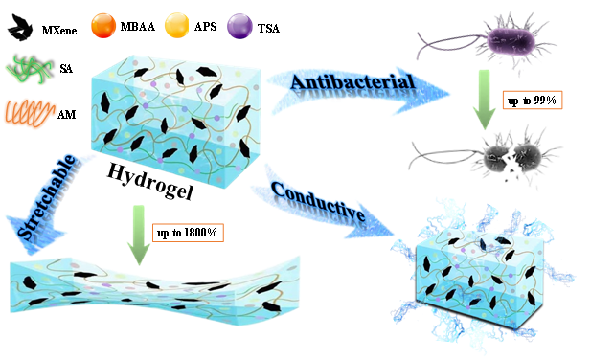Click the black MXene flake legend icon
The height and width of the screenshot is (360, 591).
coord(19,27)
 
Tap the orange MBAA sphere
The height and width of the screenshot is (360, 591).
coord(102,26)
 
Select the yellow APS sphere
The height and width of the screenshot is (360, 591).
coord(177,26)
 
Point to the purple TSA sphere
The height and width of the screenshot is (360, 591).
coord(239,27)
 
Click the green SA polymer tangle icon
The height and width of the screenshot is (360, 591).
coord(29,69)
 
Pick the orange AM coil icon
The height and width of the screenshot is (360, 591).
coord(30,113)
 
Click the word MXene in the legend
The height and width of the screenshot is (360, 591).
coord(59,30)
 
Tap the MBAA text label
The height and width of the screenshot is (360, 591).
coord(138,27)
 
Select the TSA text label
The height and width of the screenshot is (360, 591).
coord(268,28)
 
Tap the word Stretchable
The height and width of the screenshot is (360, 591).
coord(46,197)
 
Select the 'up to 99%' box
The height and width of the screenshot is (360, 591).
coord(533,101)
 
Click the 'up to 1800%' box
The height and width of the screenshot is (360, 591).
coord(188,233)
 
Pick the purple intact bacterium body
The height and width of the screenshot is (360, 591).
coord(511,41)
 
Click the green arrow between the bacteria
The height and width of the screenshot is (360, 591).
coord(485,100)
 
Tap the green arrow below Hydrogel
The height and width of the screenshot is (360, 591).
coord(139,235)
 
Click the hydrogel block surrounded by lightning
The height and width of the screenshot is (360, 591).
coord(480,278)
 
